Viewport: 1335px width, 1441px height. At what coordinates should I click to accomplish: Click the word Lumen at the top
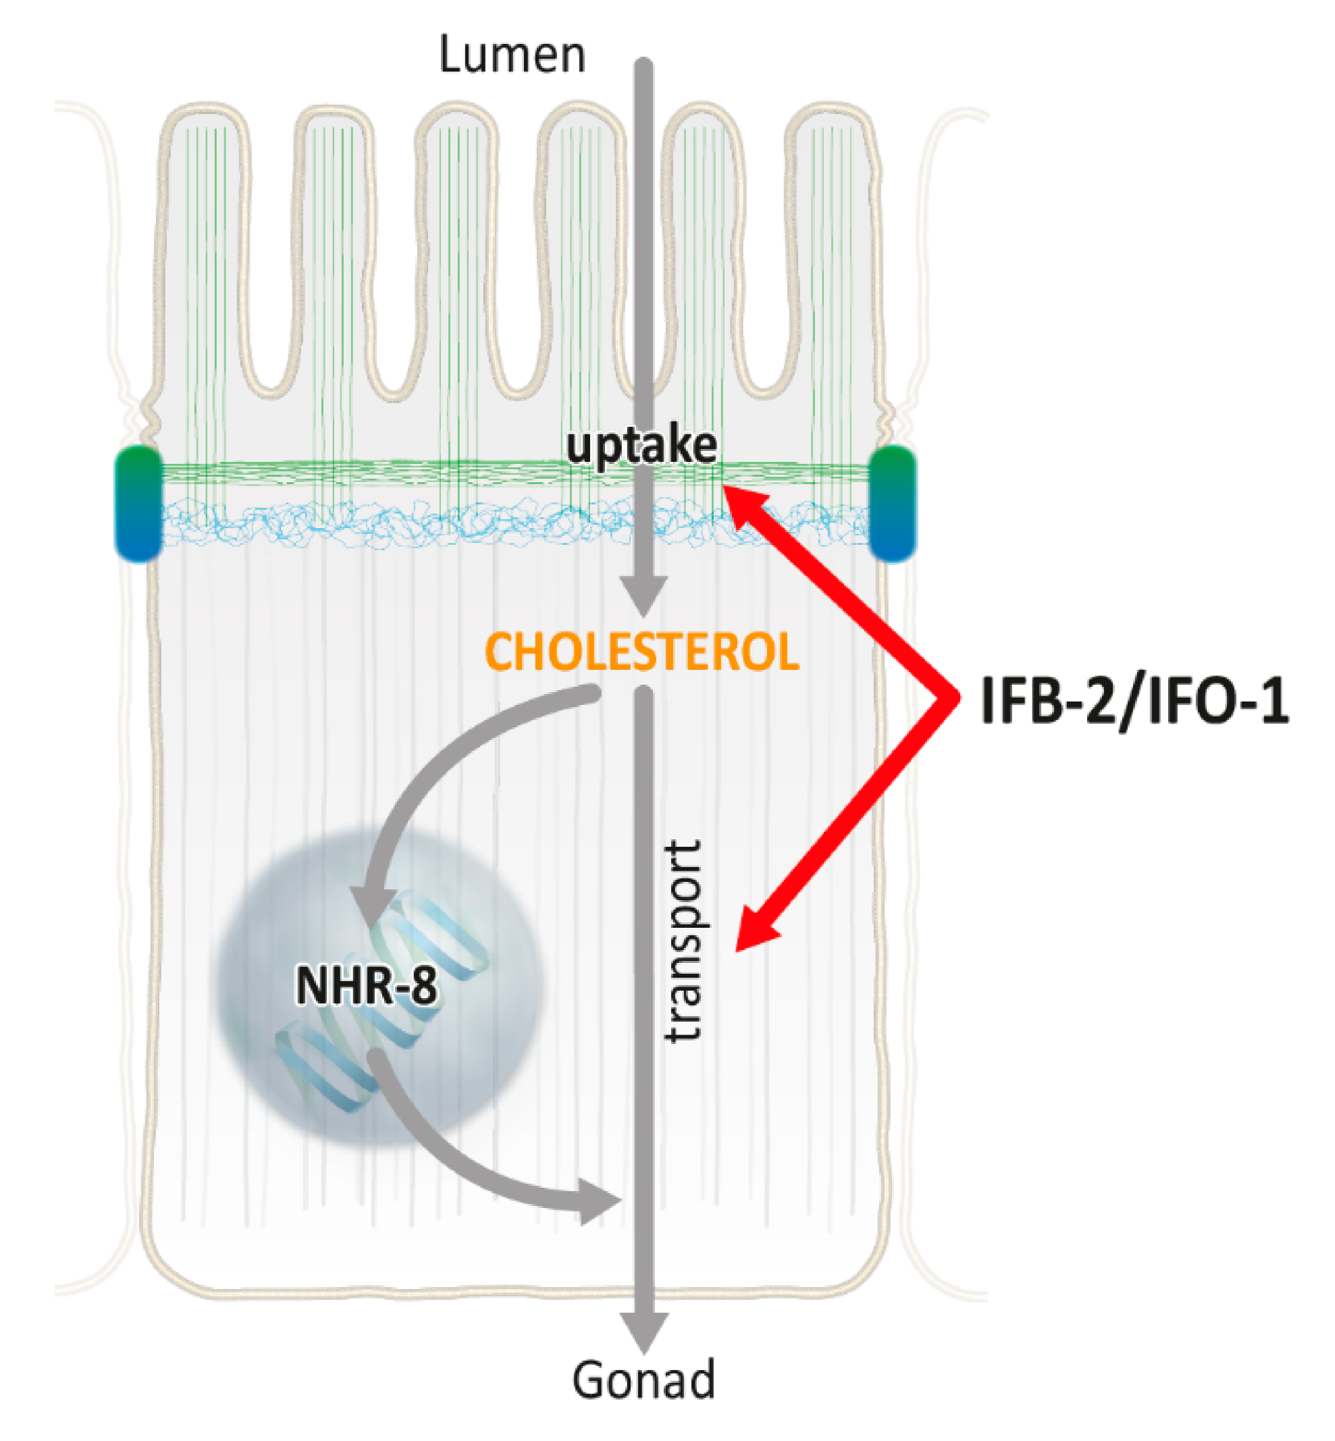511,55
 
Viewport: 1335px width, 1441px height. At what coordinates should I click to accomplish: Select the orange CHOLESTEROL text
642,652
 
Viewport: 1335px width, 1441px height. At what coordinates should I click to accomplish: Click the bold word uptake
642,446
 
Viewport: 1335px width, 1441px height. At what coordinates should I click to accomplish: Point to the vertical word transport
683,940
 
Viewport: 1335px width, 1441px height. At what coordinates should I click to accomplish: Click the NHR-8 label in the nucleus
366,985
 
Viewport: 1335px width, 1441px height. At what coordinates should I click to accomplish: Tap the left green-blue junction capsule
138,504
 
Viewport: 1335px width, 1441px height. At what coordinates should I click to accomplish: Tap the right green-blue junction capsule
892,504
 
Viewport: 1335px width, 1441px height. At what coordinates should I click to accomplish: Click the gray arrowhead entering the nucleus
369,906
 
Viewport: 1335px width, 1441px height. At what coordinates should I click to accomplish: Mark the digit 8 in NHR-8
423,985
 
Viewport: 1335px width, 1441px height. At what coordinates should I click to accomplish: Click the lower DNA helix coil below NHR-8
325,1065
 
